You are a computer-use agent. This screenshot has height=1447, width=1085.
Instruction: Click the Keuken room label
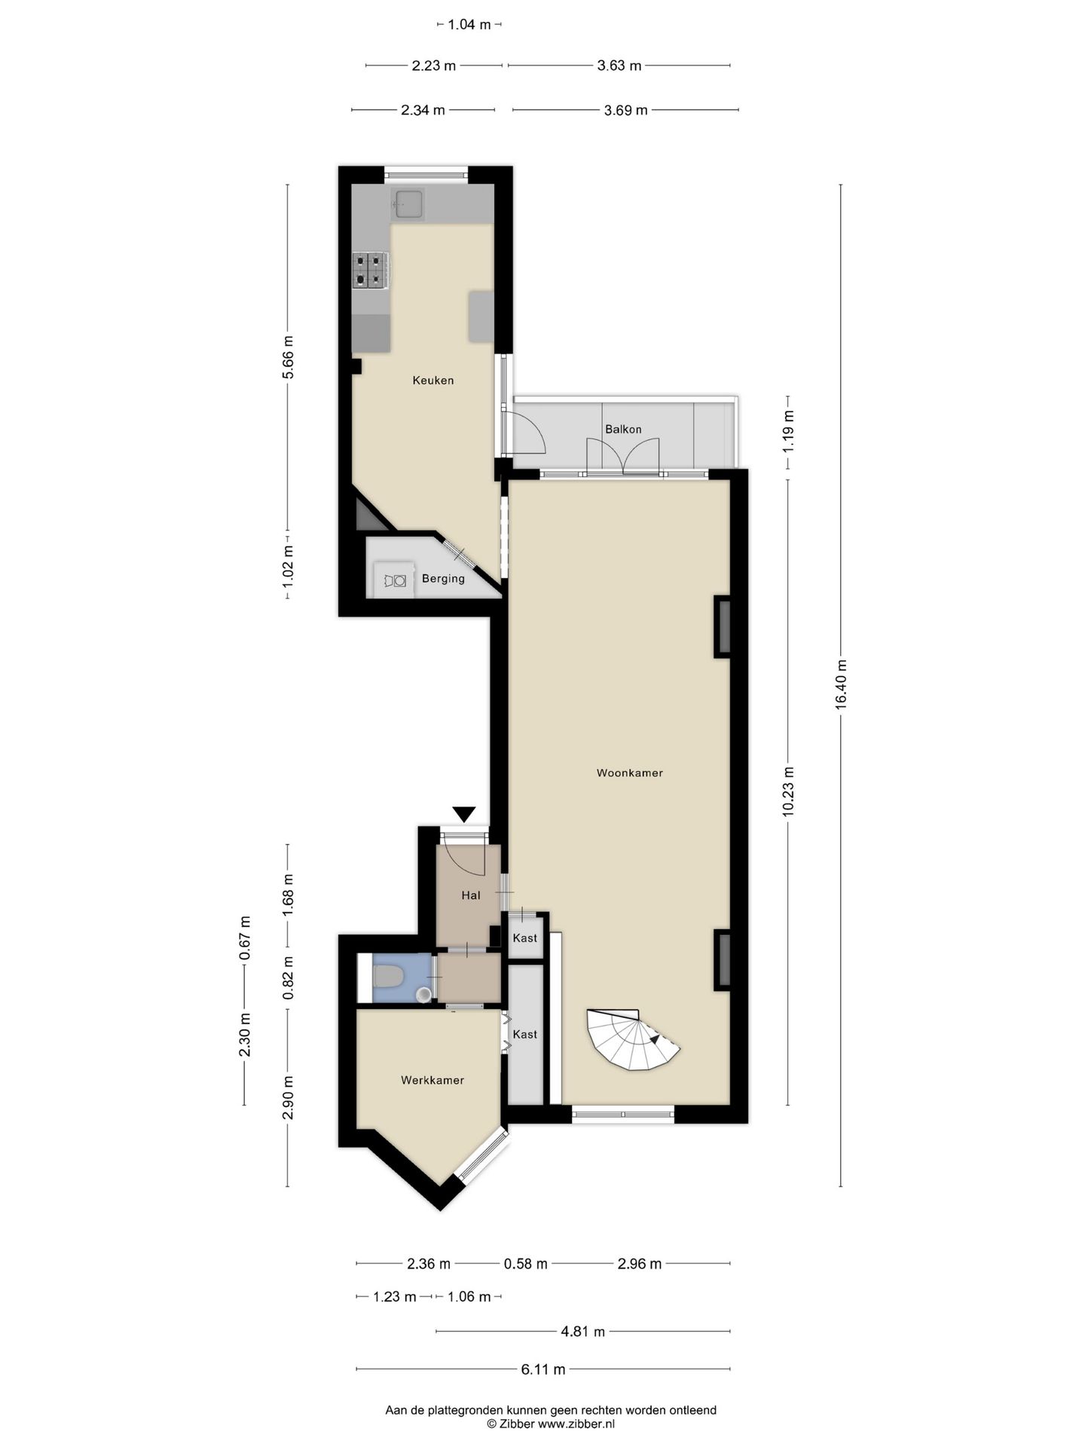[x=433, y=381]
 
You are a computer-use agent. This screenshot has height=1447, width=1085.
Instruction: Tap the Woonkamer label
[x=630, y=772]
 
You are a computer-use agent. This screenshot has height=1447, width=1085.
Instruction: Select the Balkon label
[x=624, y=429]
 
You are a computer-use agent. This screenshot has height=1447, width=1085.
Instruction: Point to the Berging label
[x=443, y=579]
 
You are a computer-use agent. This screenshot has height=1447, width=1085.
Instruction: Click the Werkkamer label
[x=432, y=1080]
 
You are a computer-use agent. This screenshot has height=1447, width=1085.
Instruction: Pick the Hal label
[x=471, y=895]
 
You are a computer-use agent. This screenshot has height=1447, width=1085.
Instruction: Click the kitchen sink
[x=408, y=203]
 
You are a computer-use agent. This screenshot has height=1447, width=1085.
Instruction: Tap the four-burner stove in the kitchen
[x=371, y=270]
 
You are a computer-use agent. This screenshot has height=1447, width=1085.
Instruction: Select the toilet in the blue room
[x=388, y=977]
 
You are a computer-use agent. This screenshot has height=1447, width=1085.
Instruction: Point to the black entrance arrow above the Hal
[x=464, y=814]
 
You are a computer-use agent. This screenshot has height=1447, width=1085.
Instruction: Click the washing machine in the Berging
[x=395, y=580]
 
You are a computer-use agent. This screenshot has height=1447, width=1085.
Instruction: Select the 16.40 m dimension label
[x=841, y=684]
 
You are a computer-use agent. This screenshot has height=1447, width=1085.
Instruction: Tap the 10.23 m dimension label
[x=788, y=791]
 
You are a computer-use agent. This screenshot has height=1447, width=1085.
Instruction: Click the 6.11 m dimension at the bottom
[x=543, y=1369]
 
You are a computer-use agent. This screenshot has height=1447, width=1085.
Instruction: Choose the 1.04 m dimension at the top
[x=469, y=25]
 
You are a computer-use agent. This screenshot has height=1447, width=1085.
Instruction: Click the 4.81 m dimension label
[x=583, y=1332]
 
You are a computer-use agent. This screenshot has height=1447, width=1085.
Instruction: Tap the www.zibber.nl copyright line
[x=551, y=1424]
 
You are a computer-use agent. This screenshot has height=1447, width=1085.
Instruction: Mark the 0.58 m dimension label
[x=526, y=1264]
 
